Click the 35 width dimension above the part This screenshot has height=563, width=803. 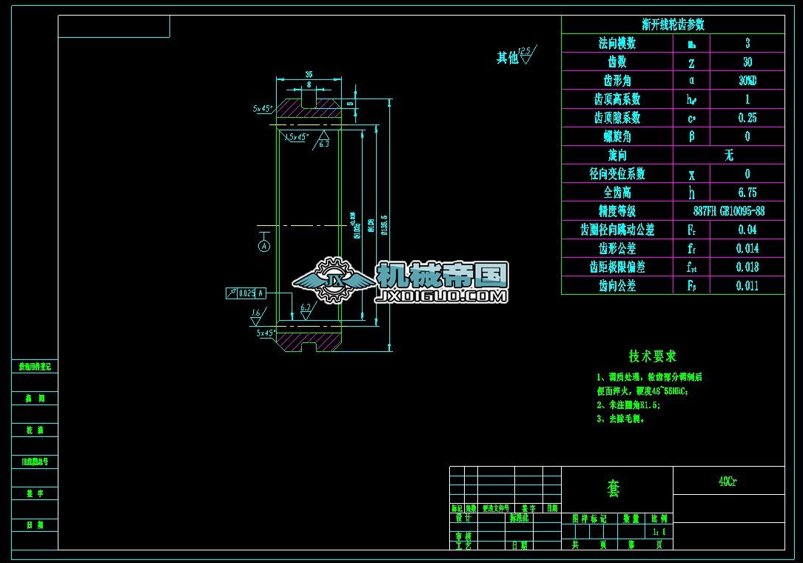[309, 74]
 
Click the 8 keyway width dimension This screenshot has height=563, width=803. [309, 84]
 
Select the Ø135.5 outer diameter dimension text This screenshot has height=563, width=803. [384, 222]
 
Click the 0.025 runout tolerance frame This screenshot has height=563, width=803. [246, 293]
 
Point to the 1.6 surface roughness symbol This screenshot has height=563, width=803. [256, 315]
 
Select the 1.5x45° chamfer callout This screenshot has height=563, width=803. [297, 137]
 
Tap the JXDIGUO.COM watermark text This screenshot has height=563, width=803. [442, 296]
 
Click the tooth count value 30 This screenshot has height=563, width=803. [747, 62]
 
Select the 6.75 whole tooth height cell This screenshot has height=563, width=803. [747, 193]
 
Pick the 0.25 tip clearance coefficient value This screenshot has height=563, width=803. [747, 118]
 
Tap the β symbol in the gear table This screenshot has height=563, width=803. [691, 136]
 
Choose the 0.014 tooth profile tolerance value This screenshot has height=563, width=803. [747, 248]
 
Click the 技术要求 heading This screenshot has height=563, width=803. [652, 356]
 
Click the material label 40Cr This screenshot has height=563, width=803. [728, 481]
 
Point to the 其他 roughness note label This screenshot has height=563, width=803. [508, 58]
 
